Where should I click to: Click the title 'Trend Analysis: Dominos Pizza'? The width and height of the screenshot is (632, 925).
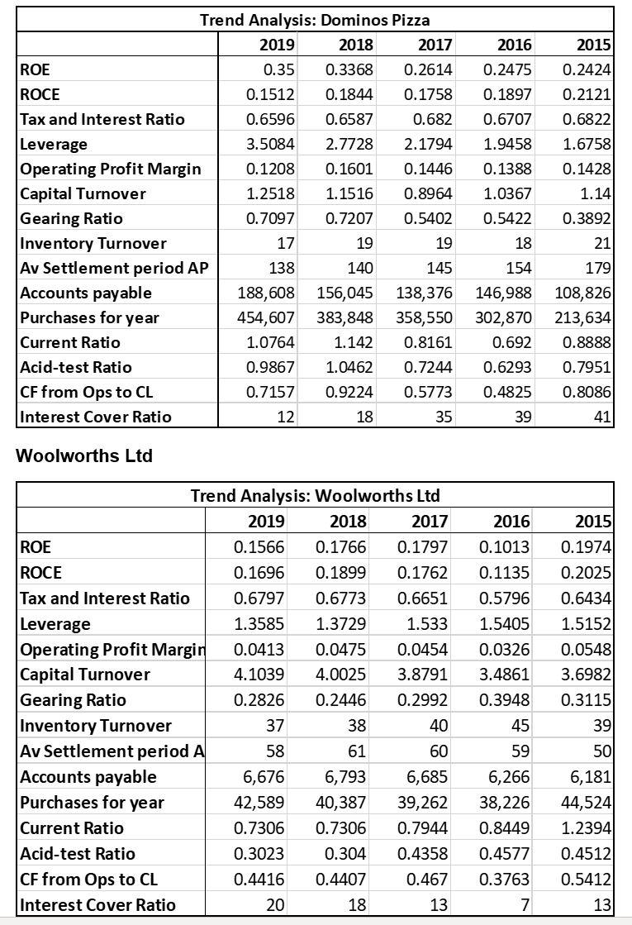(x=315, y=19)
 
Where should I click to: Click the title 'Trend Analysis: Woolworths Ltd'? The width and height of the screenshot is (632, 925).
(x=315, y=496)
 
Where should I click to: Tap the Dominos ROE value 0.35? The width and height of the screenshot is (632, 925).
(x=280, y=69)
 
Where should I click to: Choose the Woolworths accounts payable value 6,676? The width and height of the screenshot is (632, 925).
(x=264, y=777)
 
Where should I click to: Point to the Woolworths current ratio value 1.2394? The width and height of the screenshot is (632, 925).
(x=587, y=828)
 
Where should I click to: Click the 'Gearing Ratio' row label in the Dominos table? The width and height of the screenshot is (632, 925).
(x=71, y=218)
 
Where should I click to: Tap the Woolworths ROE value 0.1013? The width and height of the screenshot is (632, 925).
(x=506, y=547)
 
